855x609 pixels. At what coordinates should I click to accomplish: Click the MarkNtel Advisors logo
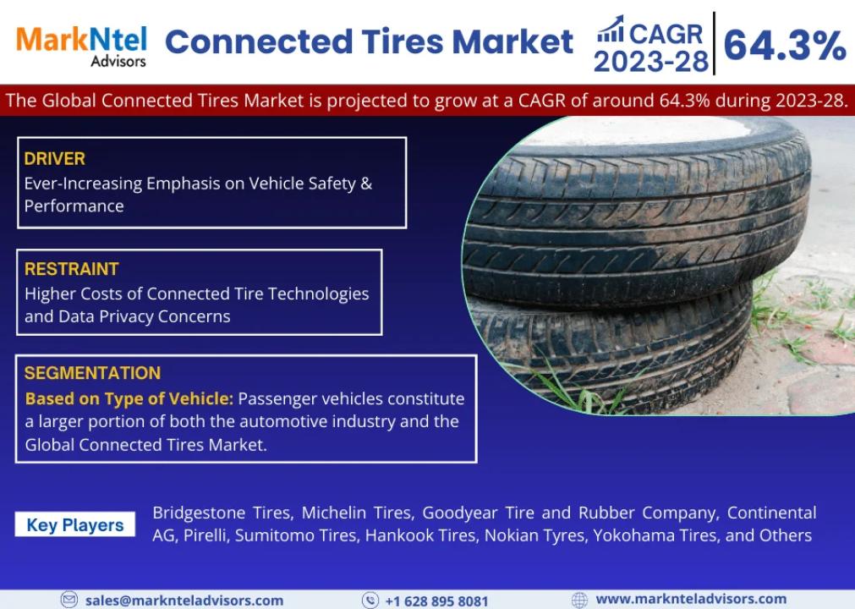tap(81, 47)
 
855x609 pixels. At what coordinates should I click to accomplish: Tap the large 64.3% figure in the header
tap(784, 45)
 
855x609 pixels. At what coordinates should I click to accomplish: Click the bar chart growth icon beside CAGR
tap(610, 30)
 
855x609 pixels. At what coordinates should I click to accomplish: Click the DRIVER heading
tap(54, 159)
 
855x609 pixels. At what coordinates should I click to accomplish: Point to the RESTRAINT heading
tap(71, 269)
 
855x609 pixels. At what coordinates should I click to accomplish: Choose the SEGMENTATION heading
tap(92, 373)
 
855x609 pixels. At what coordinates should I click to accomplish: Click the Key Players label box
tap(74, 524)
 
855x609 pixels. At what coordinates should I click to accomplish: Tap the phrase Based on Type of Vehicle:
tap(129, 398)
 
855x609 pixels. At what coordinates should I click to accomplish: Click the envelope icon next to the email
tap(69, 600)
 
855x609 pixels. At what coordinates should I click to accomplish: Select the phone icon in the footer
tap(370, 601)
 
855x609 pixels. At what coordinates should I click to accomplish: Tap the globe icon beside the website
tap(579, 600)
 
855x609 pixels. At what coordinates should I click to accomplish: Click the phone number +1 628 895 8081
tap(436, 601)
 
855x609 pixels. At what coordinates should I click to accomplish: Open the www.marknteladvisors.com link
tap(691, 599)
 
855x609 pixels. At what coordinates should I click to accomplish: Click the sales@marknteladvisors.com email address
tap(184, 601)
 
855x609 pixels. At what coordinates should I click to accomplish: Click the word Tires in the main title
tap(403, 42)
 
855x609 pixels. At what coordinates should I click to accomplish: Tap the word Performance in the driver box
tap(74, 206)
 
